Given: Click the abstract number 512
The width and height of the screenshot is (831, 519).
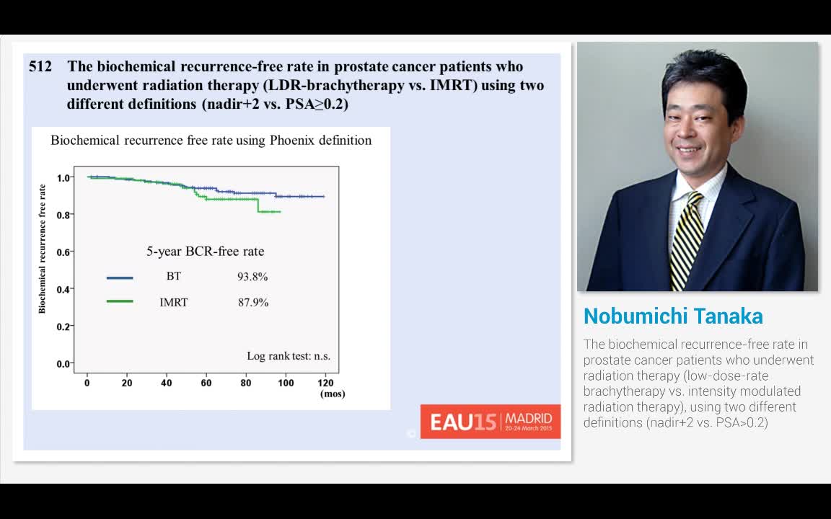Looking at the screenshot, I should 40,67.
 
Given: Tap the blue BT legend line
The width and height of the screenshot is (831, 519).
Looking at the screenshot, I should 120,278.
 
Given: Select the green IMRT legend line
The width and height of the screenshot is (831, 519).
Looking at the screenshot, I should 120,301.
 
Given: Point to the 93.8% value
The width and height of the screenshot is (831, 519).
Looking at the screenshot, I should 252,277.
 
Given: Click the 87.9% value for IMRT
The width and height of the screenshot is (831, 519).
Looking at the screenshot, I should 253,303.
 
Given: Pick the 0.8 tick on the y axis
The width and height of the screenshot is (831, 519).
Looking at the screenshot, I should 63,215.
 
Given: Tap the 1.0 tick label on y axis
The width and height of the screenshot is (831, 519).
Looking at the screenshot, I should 63,177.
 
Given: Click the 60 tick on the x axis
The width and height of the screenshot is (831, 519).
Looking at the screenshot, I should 206,383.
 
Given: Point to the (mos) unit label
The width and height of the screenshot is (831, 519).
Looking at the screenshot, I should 333,394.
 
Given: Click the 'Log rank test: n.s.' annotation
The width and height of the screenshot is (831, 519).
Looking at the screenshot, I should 289,356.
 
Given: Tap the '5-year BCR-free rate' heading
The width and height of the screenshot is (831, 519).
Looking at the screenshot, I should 206,252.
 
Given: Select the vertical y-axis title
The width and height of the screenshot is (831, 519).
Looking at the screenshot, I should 42,249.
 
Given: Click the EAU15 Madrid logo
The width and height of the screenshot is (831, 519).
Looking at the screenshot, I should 491,422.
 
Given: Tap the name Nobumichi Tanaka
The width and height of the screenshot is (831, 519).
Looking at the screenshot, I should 673,316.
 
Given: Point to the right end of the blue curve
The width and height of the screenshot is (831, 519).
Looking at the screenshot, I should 324,196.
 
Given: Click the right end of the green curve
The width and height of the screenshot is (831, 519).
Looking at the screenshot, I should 280,211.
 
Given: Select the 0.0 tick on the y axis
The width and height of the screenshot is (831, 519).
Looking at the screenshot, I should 63,364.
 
